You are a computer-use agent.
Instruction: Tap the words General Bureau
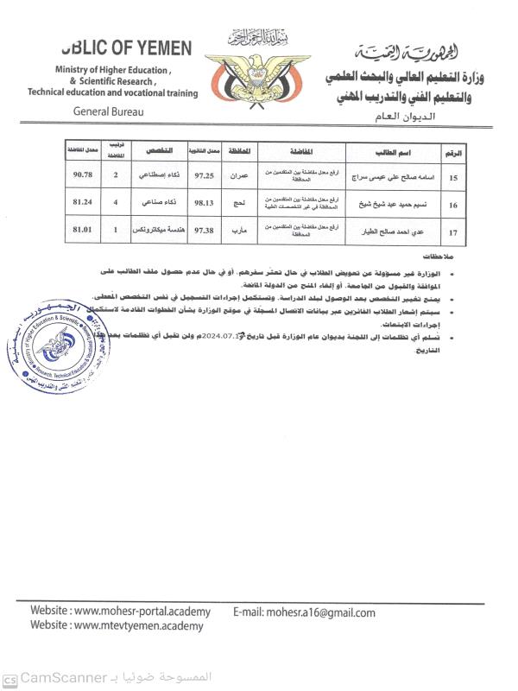coord(109,111)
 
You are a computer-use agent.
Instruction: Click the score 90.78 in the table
coord(83,174)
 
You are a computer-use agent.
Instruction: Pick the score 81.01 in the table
coord(83,231)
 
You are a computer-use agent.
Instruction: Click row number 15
coord(452,177)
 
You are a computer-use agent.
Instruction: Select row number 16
coord(452,206)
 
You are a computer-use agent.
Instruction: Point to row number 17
coord(452,232)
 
